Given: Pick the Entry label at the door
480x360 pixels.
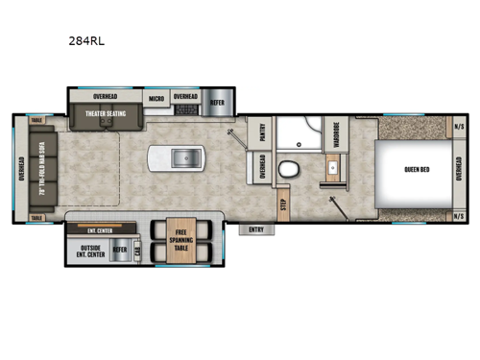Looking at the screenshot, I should pos(256,229).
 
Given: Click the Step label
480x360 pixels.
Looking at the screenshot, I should pos(283,204).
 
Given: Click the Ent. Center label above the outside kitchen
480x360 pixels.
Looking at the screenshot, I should pos(99,230).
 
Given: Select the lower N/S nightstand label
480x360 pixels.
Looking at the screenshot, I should pos(460,216).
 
